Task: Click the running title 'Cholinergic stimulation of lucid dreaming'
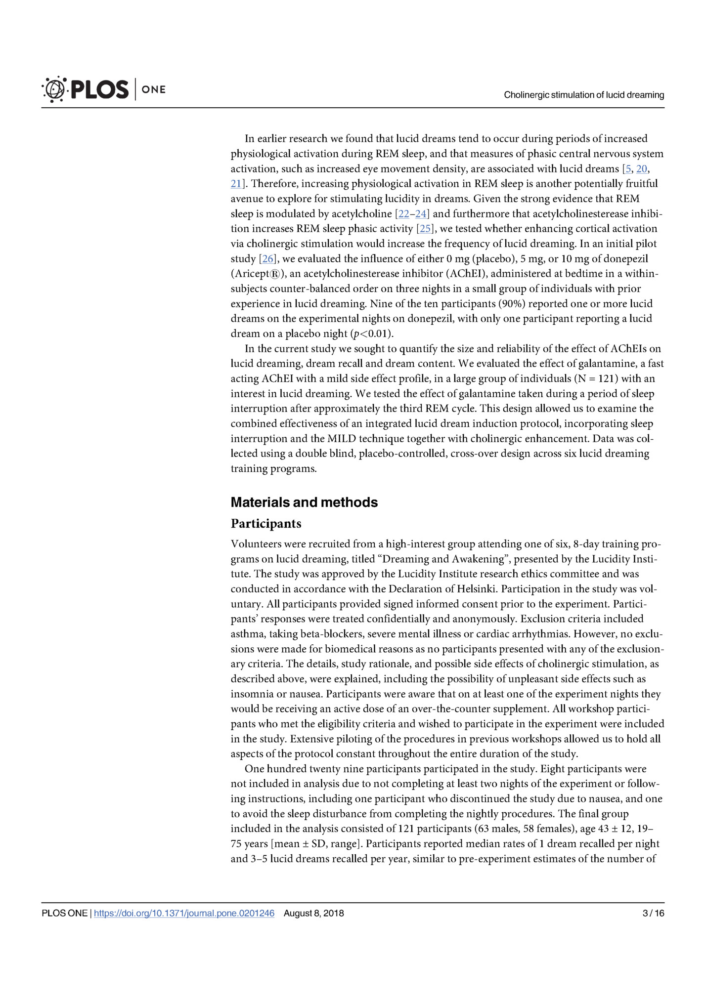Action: tap(584, 95)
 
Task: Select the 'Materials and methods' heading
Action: tap(304, 502)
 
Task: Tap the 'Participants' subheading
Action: tap(266, 523)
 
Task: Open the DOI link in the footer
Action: tap(184, 913)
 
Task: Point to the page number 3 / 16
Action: tap(653, 913)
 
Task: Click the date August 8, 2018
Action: tap(314, 913)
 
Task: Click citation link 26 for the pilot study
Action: tap(267, 259)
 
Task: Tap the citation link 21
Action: tap(236, 184)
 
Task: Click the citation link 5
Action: tap(628, 169)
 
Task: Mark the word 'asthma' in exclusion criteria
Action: tap(248, 634)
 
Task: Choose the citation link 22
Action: tap(403, 214)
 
